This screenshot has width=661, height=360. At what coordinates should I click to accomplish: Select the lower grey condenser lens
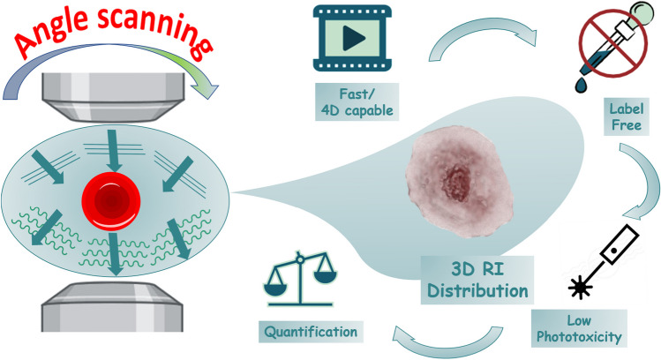click(116, 313)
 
